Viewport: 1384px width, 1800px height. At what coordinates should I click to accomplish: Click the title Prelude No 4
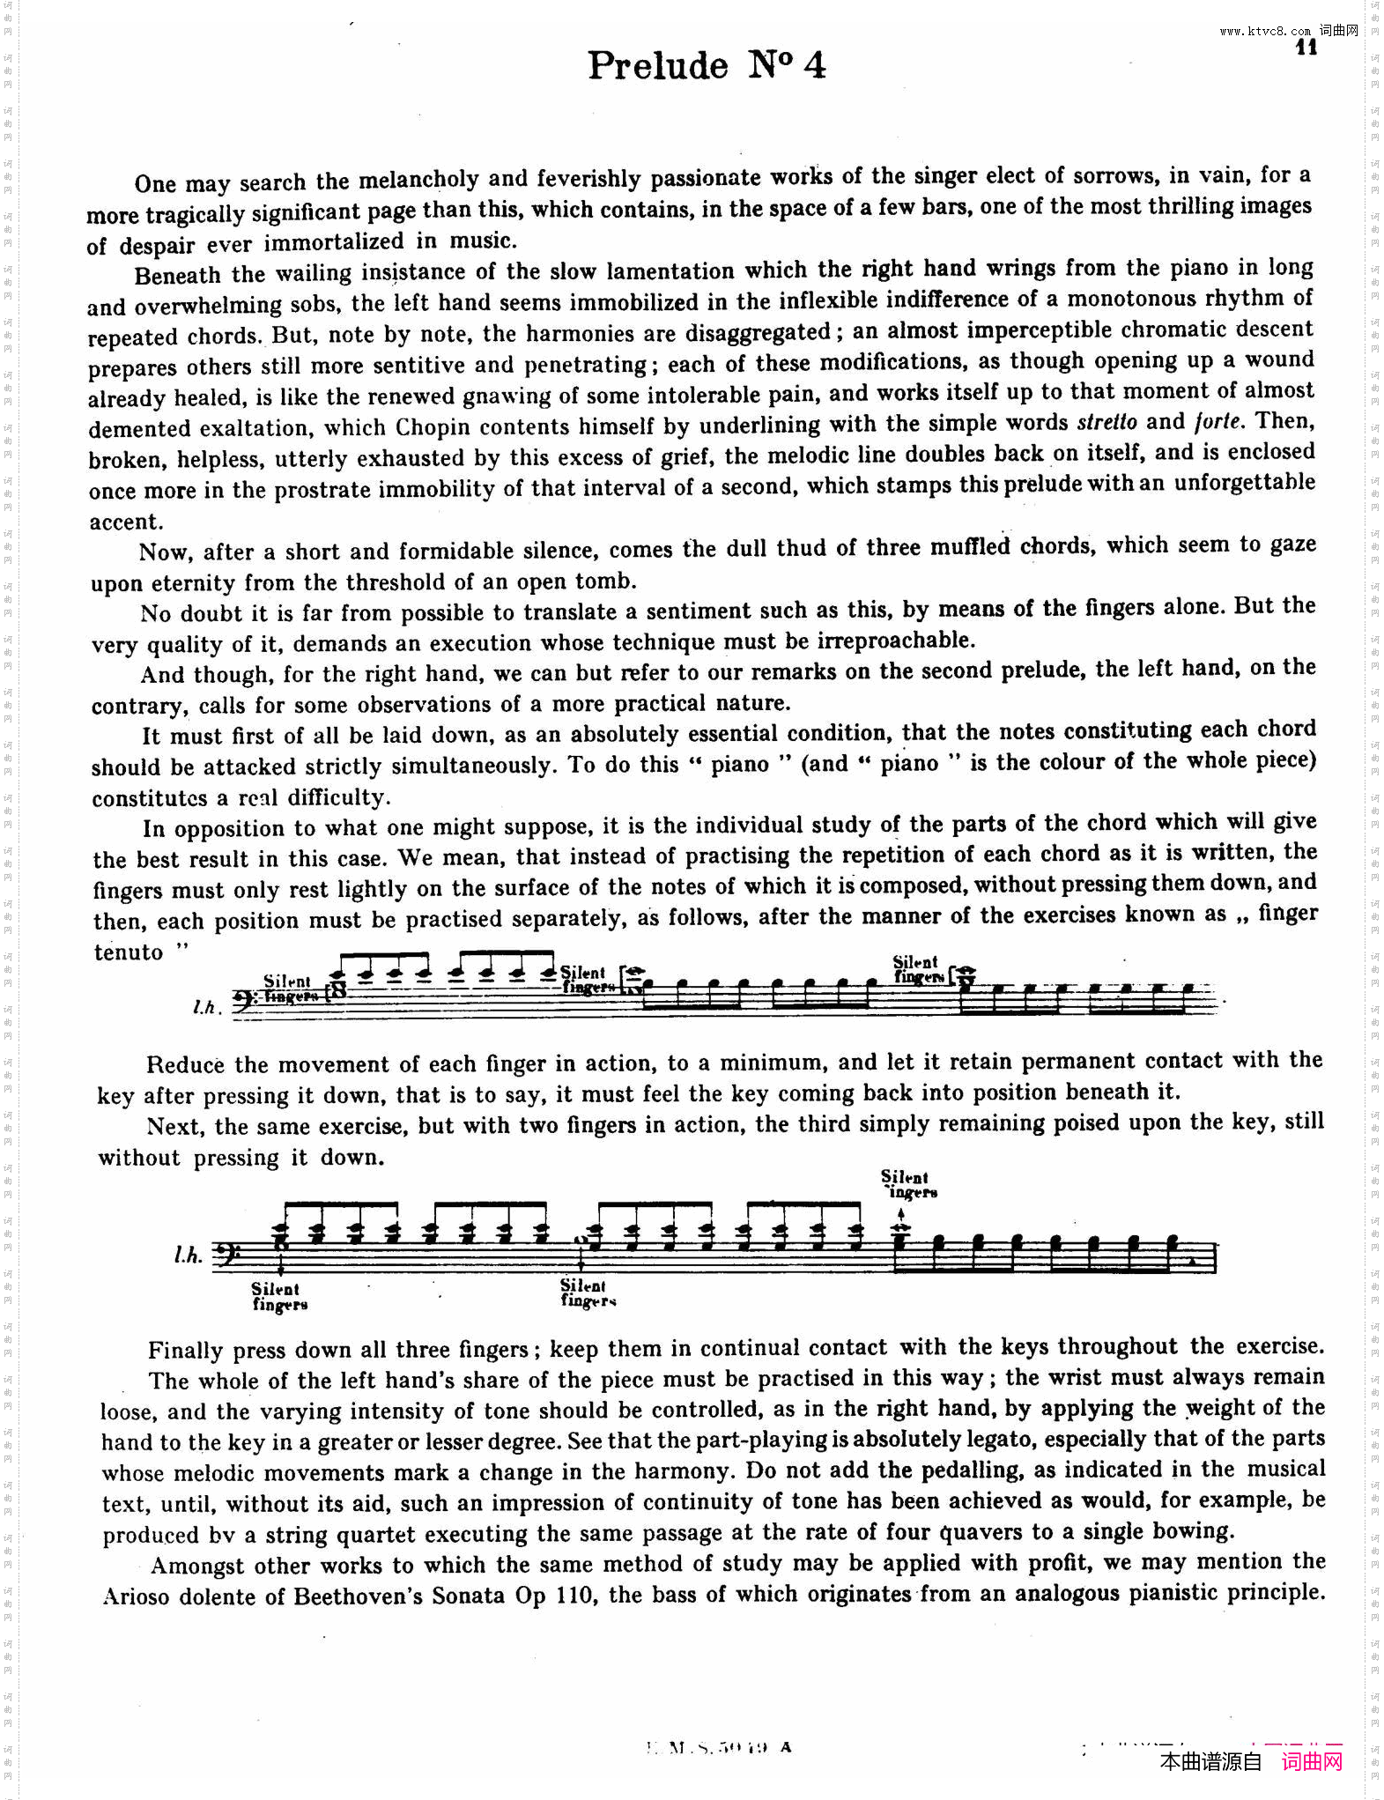point(707,65)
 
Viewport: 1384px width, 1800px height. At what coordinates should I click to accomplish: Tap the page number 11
point(1306,48)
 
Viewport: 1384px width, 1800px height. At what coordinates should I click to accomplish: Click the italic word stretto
point(1107,422)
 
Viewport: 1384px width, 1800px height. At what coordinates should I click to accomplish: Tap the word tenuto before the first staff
point(130,952)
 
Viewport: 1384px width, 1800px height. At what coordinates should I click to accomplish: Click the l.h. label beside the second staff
point(189,1254)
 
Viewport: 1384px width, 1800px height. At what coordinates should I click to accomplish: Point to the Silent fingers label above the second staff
point(907,1185)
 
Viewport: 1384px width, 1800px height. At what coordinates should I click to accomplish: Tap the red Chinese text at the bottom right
point(1312,1762)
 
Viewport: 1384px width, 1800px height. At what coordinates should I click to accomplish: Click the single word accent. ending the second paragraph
point(125,522)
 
